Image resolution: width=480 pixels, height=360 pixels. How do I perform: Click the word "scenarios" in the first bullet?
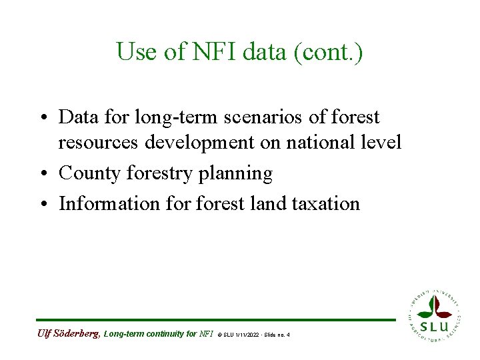[x=251, y=117]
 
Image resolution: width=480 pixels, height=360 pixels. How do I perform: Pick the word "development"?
[x=201, y=143]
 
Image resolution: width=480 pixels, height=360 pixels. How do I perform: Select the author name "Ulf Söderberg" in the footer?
[x=68, y=333]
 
